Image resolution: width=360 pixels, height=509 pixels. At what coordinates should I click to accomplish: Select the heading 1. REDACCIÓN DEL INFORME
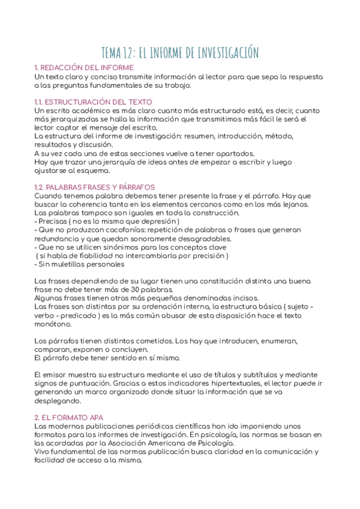[83, 68]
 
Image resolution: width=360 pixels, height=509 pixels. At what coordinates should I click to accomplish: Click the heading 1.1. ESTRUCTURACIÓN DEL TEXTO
[94, 102]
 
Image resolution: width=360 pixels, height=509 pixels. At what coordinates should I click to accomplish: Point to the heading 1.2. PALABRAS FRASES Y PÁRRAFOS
[95, 187]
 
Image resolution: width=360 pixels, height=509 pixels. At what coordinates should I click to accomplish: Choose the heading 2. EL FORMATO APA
[69, 417]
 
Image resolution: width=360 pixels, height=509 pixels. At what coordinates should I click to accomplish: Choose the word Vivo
[43, 451]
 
